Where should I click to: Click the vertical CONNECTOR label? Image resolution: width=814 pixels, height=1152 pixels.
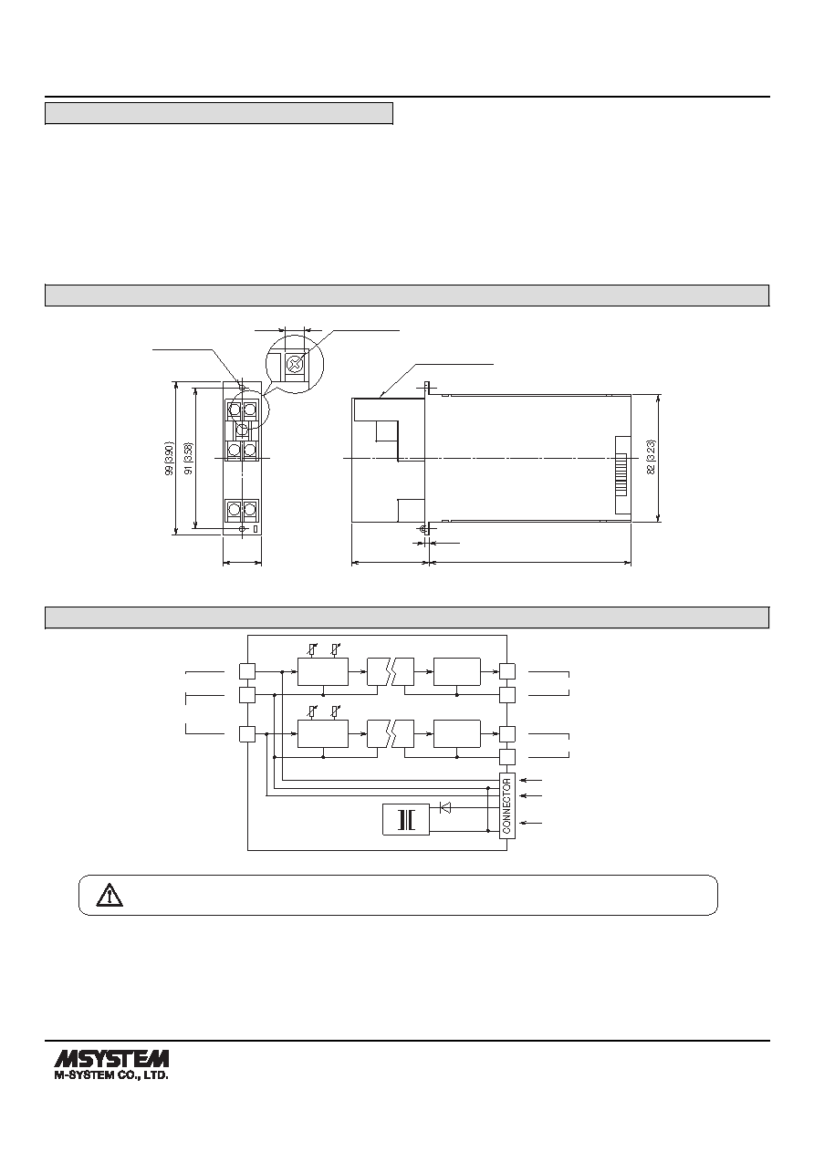click(506, 805)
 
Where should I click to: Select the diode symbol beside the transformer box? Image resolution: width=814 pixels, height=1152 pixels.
click(445, 807)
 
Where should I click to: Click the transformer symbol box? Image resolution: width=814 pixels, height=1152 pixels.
click(406, 819)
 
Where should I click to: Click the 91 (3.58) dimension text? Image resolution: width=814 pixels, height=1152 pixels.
click(189, 458)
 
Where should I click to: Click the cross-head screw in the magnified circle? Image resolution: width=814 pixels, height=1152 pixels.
click(293, 365)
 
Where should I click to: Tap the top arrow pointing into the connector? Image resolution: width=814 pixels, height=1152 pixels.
click(531, 781)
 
